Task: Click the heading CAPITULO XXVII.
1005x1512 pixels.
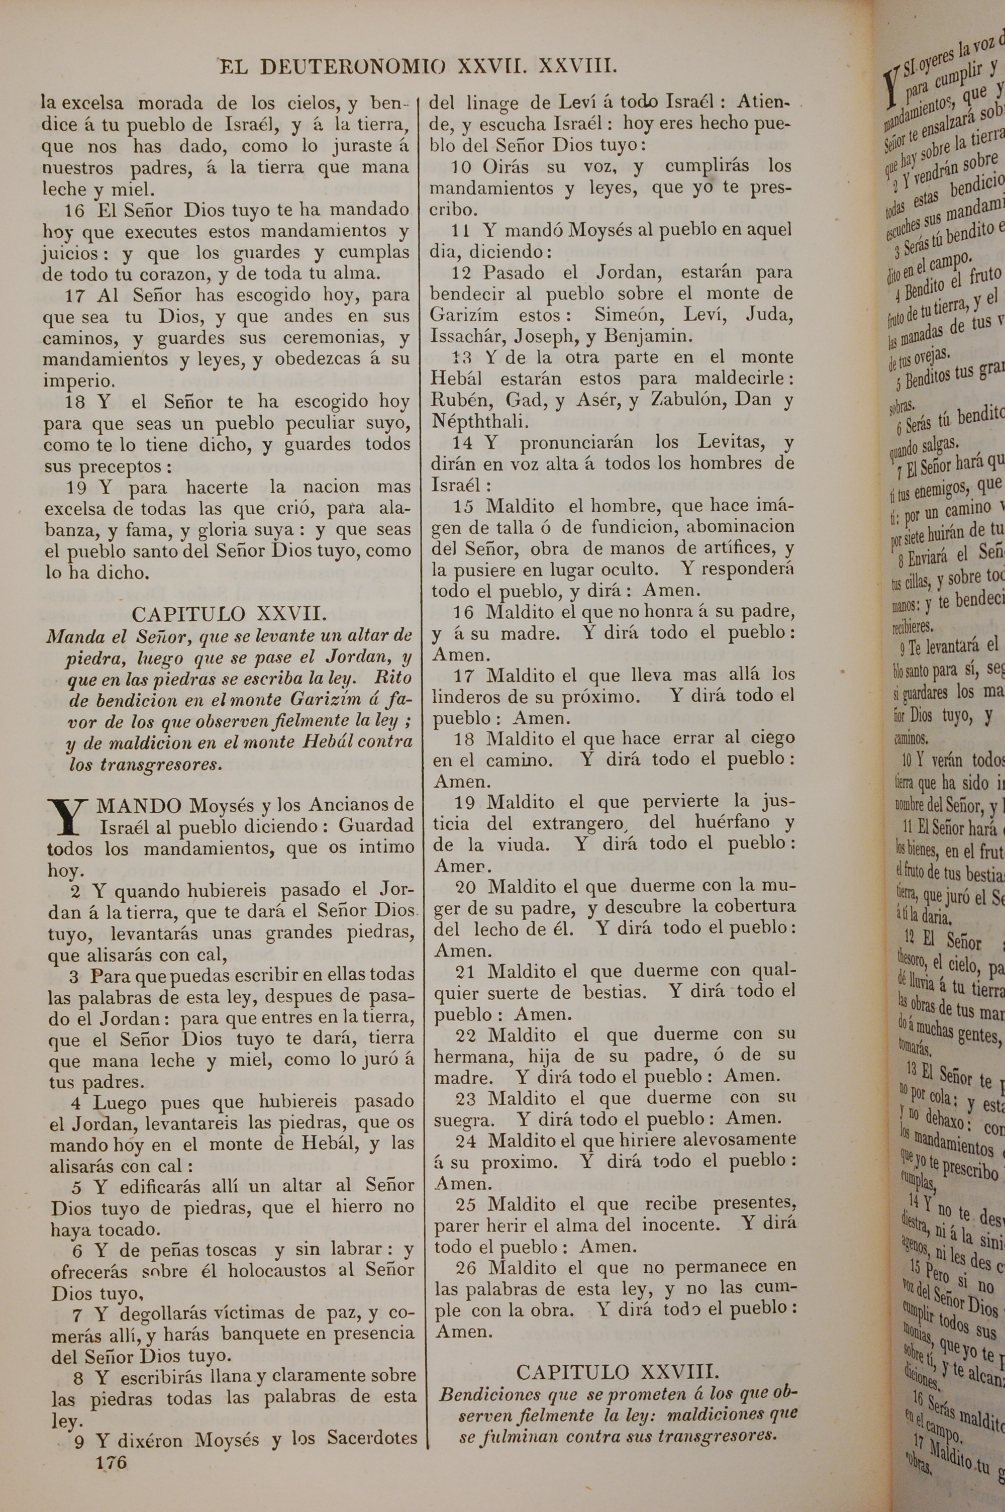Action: (x=229, y=615)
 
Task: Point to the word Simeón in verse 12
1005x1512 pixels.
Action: (x=630, y=315)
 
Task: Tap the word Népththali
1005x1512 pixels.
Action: (x=480, y=421)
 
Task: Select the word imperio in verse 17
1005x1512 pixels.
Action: (x=79, y=381)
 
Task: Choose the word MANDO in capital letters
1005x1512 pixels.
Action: (x=139, y=805)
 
